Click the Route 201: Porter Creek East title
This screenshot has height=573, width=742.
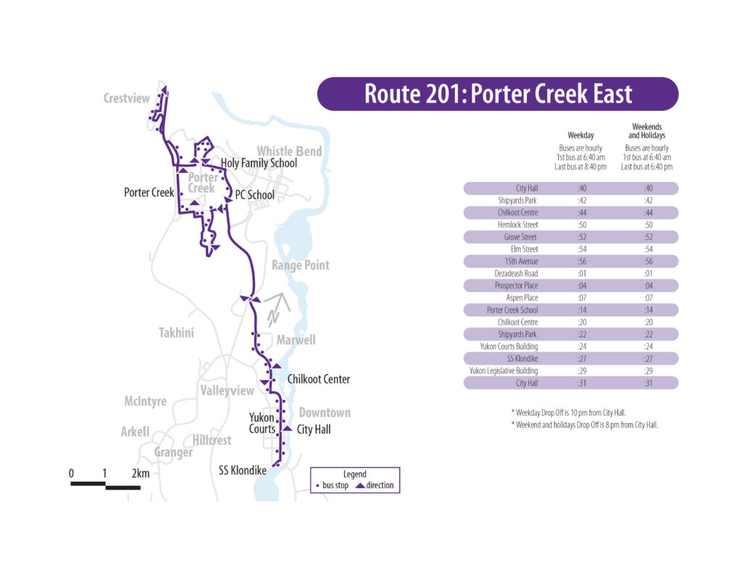pos(498,94)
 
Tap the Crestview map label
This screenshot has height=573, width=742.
pos(127,99)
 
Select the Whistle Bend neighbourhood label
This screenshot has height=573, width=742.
pos(289,151)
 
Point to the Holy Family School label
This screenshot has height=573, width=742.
pos(259,163)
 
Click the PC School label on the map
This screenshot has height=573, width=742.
pos(254,195)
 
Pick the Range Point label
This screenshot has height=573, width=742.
pos(300,265)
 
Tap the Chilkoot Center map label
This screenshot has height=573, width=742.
pos(318,379)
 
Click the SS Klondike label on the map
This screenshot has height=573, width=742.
pos(243,470)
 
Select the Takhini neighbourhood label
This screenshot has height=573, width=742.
pos(176,332)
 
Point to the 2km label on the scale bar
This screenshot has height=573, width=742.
pos(141,474)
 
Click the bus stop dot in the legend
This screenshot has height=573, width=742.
pos(318,485)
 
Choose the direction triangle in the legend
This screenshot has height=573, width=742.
pos(359,485)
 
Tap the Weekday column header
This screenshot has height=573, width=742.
pos(580,135)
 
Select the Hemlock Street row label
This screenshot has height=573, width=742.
pos(517,225)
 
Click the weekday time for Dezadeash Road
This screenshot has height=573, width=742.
pos(581,274)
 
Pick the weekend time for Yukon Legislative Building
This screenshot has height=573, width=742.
pos(649,371)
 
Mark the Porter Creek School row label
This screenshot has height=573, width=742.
pos(512,310)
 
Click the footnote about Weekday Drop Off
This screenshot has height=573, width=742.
pos(568,412)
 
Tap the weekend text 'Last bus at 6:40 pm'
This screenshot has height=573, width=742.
pos(646,167)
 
